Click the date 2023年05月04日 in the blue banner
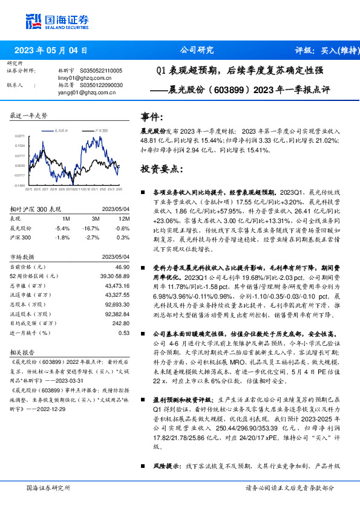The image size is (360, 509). pyautogui.click(x=50, y=51)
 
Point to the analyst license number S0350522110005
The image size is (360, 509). pyautogui.click(x=101, y=71)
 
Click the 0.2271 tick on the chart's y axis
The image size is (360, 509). pyautogui.click(x=21, y=136)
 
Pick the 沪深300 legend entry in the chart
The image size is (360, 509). pyautogui.click(x=101, y=130)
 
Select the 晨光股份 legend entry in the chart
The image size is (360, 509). pyautogui.click(x=61, y=130)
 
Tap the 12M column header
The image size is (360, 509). pyautogui.click(x=124, y=218)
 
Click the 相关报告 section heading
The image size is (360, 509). pyautogui.click(x=25, y=352)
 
